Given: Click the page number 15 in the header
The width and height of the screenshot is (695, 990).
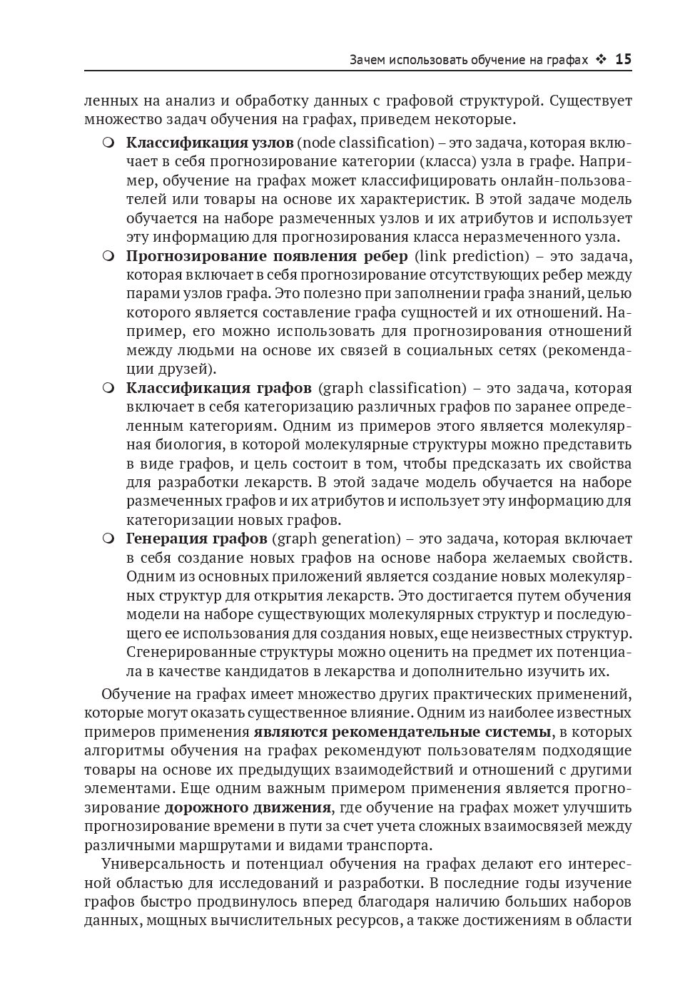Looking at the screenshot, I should pyautogui.click(x=623, y=60).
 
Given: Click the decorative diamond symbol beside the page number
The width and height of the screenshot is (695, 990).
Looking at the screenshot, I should pyautogui.click(x=601, y=60).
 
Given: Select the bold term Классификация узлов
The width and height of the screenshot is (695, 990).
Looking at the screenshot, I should pyautogui.click(x=210, y=143).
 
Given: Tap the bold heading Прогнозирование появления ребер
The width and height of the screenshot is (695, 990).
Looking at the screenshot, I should pyautogui.click(x=267, y=256).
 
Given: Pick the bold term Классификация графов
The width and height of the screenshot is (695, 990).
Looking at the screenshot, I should pyautogui.click(x=218, y=388).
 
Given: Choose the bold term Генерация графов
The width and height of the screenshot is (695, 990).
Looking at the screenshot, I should pyautogui.click(x=196, y=539).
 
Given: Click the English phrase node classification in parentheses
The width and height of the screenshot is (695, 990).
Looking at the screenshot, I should pyautogui.click(x=365, y=143).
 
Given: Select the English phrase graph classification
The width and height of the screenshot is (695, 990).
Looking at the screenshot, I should pyautogui.click(x=392, y=388).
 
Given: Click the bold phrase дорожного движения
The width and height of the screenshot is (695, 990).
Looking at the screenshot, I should pyautogui.click(x=248, y=807).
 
